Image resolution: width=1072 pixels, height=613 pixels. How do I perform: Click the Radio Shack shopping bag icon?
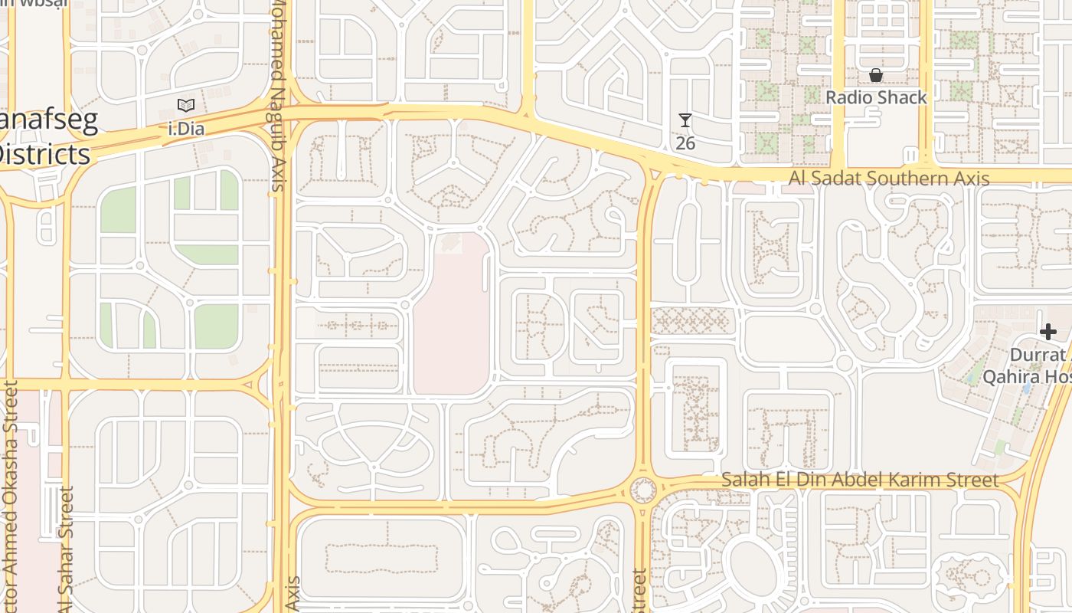click(x=876, y=75)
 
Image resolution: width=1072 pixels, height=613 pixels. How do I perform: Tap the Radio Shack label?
click(x=876, y=97)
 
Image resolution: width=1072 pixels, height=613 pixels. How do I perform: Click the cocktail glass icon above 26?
click(x=685, y=120)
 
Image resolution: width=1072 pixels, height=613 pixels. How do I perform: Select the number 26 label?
click(x=685, y=143)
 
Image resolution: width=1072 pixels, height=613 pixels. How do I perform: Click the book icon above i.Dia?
click(x=186, y=106)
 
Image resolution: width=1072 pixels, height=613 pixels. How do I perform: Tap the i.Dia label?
click(x=186, y=128)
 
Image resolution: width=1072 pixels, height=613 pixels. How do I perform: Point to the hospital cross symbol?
click(x=1048, y=332)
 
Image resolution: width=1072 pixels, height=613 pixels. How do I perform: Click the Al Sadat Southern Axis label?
click(x=890, y=179)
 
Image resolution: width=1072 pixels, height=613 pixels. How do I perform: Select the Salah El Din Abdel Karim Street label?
click(x=860, y=480)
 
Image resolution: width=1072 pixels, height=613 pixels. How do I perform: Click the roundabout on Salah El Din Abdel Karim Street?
click(x=643, y=489)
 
